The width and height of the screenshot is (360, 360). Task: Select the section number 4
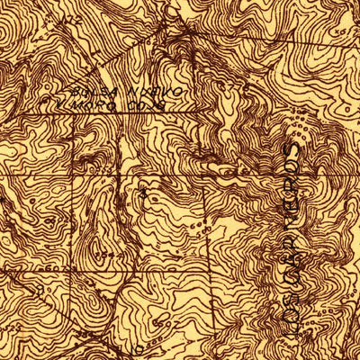[x=144, y=191]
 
